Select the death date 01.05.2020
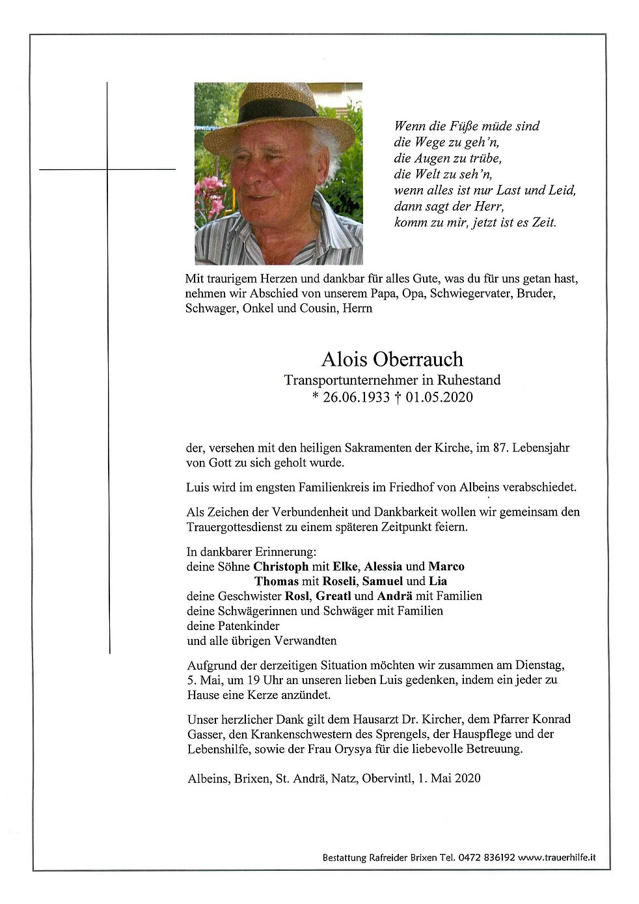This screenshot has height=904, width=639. tap(439, 397)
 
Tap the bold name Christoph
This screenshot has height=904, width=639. tap(280, 566)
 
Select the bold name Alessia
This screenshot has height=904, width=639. tap(383, 566)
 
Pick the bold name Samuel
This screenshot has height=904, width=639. tap(382, 581)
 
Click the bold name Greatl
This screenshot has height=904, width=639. tap(334, 596)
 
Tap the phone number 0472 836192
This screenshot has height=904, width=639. tap(487, 858)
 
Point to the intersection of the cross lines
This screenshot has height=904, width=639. tap(107, 169)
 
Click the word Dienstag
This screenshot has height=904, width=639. tap(539, 665)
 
